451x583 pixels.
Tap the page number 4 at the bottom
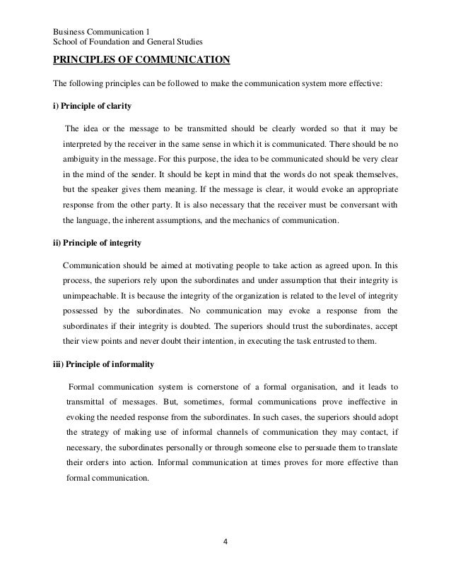pyautogui.click(x=225, y=543)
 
